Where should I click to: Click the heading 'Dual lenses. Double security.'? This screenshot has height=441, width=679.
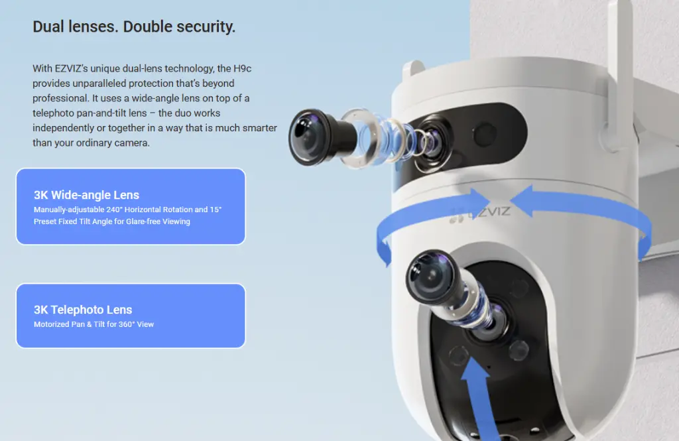click(134, 27)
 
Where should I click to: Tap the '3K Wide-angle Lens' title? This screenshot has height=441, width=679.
click(86, 195)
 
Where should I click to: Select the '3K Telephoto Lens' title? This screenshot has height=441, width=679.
click(83, 310)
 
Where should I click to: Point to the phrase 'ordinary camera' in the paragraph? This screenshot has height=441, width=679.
click(115, 143)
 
